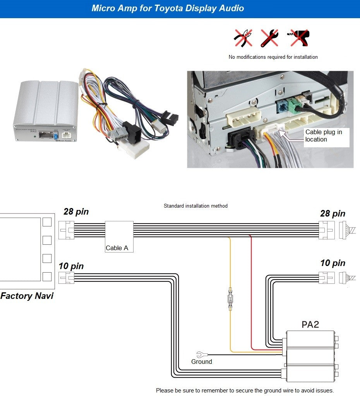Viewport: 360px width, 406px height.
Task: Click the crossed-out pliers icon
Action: [x=243, y=38]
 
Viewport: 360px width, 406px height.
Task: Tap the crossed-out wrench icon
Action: [x=269, y=38]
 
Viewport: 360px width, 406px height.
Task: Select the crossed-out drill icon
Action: [x=298, y=38]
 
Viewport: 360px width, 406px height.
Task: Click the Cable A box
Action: [x=119, y=237]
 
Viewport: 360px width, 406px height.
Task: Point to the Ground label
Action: [x=202, y=362]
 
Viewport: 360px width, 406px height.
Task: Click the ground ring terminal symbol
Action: [x=201, y=354]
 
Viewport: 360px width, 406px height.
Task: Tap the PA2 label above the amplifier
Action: [x=310, y=324]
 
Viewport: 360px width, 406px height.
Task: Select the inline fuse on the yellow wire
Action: [x=230, y=299]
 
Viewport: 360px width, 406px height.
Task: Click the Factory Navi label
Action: [x=27, y=296]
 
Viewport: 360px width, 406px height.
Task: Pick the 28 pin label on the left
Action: [x=76, y=212]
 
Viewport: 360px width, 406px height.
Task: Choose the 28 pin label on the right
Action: [x=333, y=213]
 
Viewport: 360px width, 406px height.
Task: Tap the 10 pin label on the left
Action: [x=71, y=266]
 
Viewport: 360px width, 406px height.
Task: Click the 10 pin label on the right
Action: [x=333, y=263]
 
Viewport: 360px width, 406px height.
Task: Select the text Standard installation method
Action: [x=195, y=206]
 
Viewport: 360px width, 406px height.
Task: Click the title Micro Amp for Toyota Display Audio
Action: [x=168, y=8]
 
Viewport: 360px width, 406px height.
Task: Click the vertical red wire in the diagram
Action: [x=251, y=290]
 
